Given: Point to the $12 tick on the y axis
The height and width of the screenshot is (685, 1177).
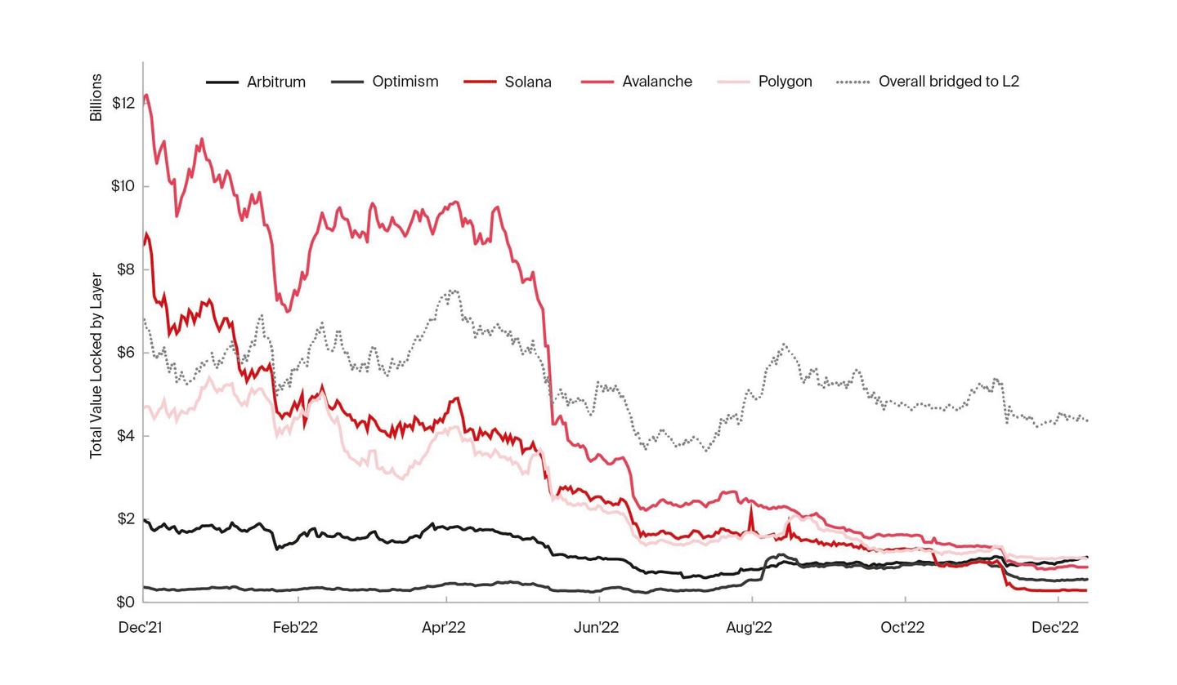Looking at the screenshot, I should [x=123, y=103].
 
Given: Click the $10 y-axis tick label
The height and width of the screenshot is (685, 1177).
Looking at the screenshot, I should [x=123, y=186].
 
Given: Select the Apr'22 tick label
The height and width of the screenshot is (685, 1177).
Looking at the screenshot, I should [x=444, y=628].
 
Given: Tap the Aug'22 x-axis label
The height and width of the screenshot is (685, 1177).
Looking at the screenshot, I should [x=750, y=628].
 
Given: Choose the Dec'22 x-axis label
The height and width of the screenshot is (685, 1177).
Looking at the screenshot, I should [x=1055, y=628].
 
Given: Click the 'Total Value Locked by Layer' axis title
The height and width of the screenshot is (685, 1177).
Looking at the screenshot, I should [x=96, y=366].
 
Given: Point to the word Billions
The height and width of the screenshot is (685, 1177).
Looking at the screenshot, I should [x=96, y=97].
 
